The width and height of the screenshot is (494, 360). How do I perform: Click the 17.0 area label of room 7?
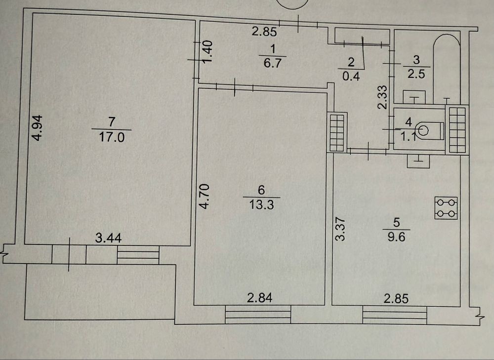coord(110,136)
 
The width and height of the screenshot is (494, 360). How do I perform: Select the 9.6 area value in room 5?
coord(396,237)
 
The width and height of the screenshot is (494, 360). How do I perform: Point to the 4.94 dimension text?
coord(38,128)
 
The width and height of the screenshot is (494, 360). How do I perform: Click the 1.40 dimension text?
coord(208,51)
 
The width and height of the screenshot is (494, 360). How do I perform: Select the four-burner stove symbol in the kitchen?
coord(446,208)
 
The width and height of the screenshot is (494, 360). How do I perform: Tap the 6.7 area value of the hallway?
coord(271,62)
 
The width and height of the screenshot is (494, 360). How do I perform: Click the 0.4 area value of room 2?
coord(351,76)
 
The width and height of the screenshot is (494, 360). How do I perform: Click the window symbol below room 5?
coord(394,315)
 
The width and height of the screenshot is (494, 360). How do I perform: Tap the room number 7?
coord(110,120)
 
